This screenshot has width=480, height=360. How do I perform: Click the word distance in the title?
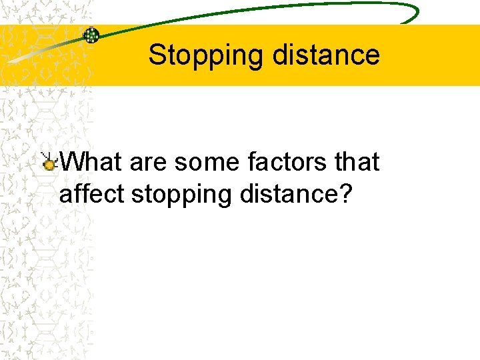[x=326, y=55]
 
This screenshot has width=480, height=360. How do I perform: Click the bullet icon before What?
[x=49, y=161]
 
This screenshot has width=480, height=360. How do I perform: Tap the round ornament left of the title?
[x=91, y=35]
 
